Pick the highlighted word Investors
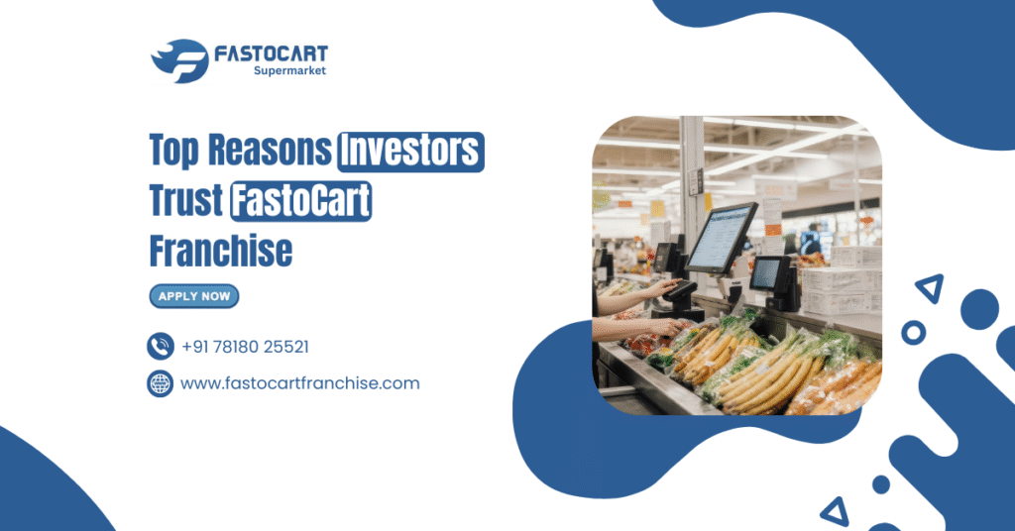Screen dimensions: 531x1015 click(x=410, y=152)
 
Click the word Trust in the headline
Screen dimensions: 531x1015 click(x=185, y=201)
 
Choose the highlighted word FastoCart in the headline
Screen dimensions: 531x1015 click(x=300, y=202)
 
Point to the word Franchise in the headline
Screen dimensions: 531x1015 click(x=221, y=251)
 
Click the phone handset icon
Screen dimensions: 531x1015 click(x=161, y=346)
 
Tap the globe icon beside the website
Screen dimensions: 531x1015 click(x=161, y=383)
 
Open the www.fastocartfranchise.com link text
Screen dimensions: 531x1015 click(x=299, y=383)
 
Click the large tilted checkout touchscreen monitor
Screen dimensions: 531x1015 click(x=721, y=238)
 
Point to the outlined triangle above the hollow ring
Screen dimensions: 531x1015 click(x=929, y=288)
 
